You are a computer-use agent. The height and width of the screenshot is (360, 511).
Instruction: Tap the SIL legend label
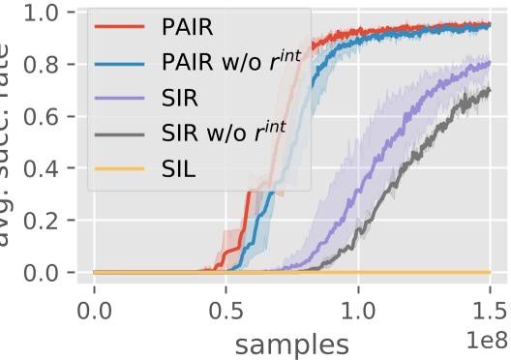click(x=176, y=173)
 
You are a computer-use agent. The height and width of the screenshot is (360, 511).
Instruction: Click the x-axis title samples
click(x=290, y=343)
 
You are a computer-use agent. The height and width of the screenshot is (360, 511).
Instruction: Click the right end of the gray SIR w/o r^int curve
click(x=490, y=91)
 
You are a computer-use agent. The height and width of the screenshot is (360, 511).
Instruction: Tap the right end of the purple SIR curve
click(x=490, y=63)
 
